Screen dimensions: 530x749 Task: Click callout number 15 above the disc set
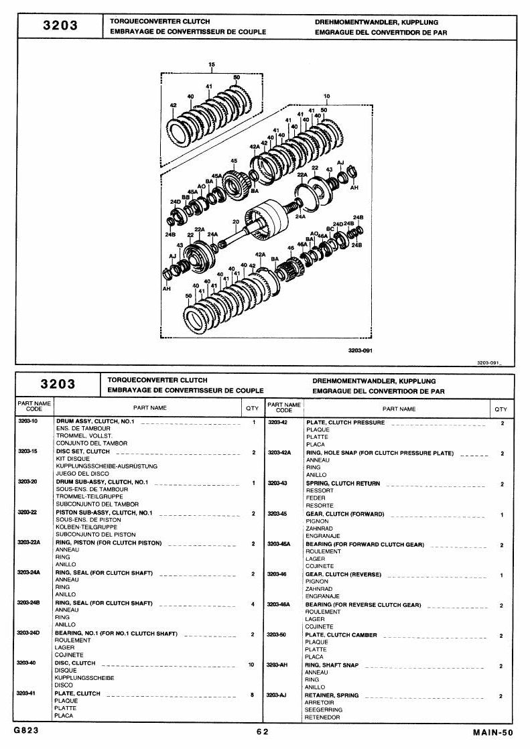(212, 64)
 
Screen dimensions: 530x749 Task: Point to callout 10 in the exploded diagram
(326, 96)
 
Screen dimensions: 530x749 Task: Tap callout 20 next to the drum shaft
(236, 222)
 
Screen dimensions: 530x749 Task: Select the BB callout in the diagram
(186, 197)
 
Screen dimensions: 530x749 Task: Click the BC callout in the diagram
(330, 229)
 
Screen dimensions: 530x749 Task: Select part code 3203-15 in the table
(27, 452)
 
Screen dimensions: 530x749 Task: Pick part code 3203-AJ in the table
(276, 695)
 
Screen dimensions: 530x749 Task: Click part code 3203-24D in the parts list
(28, 633)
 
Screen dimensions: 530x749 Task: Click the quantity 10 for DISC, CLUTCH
(251, 665)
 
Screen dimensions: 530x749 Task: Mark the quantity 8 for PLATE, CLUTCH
(253, 695)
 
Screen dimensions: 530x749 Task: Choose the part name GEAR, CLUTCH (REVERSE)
(343, 574)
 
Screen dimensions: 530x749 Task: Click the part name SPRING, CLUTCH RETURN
(343, 484)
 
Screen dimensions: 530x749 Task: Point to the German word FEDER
(316, 498)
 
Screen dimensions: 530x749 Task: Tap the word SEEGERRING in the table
(324, 710)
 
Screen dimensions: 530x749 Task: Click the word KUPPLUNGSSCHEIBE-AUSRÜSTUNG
(107, 466)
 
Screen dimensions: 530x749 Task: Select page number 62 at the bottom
(263, 732)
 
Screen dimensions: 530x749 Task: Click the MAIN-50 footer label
(493, 732)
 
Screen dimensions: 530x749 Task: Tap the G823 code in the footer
(26, 730)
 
